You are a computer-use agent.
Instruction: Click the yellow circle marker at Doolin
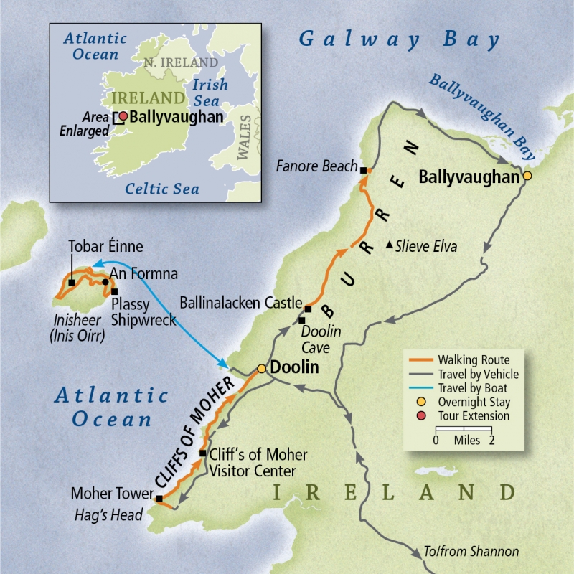262,368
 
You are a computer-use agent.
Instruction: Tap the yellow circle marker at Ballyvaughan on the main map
527,176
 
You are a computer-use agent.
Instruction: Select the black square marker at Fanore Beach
363,170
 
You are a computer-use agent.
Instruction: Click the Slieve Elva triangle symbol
389,245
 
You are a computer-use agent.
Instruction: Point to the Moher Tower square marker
159,499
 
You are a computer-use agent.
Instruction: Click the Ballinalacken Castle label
240,302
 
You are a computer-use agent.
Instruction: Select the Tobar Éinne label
105,246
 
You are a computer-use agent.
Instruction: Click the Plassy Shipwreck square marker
113,292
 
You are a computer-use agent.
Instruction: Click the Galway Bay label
399,39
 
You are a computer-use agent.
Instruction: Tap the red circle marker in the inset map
123,116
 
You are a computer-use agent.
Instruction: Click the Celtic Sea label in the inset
162,189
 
